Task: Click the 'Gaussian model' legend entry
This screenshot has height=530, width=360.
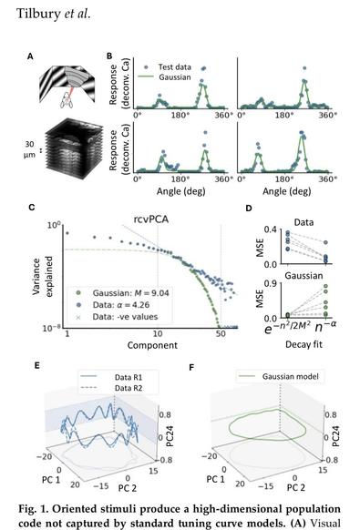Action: pyautogui.click(x=287, y=374)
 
